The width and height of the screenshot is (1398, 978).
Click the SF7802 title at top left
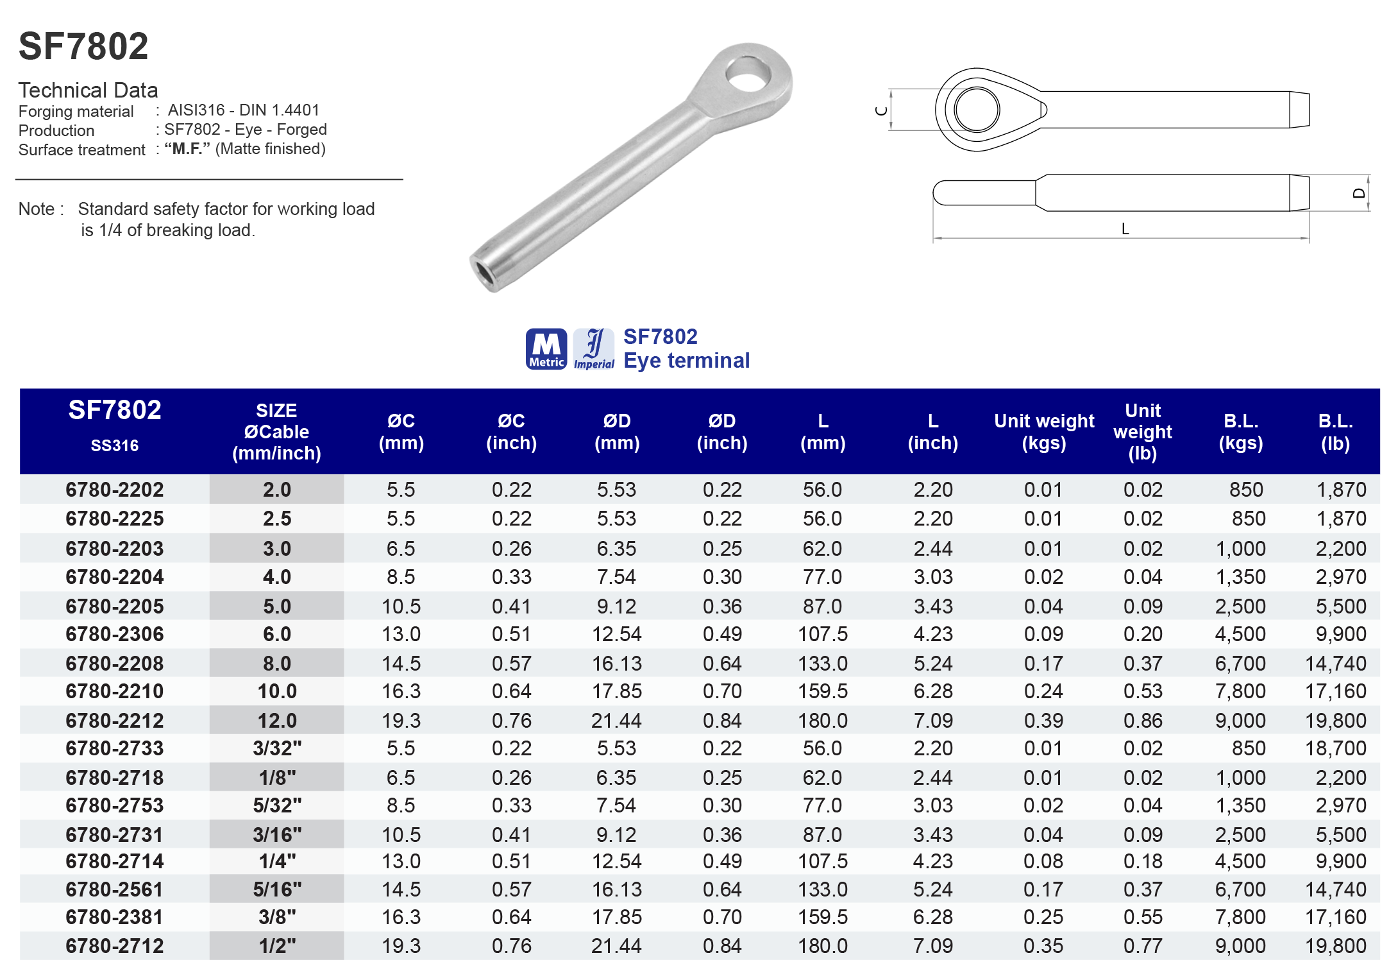point(83,47)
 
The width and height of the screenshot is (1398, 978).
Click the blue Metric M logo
point(546,349)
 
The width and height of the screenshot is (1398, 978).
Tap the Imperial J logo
point(594,349)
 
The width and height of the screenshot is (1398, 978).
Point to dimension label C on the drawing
point(881,111)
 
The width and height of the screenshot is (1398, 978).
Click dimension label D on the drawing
point(1358,193)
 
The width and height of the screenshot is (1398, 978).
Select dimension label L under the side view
point(1125,229)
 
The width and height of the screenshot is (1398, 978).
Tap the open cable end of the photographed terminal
point(484,272)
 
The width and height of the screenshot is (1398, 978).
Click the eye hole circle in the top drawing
point(977,110)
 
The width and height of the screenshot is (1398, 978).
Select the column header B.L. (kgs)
point(1240,432)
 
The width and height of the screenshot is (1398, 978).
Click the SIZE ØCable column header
point(276,432)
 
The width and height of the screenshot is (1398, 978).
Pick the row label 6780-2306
point(115,634)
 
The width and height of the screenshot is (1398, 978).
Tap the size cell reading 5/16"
point(276,889)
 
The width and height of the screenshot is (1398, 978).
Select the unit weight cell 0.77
point(1142,946)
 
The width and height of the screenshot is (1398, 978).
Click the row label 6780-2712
point(115,946)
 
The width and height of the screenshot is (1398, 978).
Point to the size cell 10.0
point(276,691)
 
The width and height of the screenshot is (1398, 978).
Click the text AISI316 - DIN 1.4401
point(243,110)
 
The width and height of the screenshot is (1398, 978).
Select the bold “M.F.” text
point(187,149)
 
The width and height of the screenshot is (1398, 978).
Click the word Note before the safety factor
point(37,209)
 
